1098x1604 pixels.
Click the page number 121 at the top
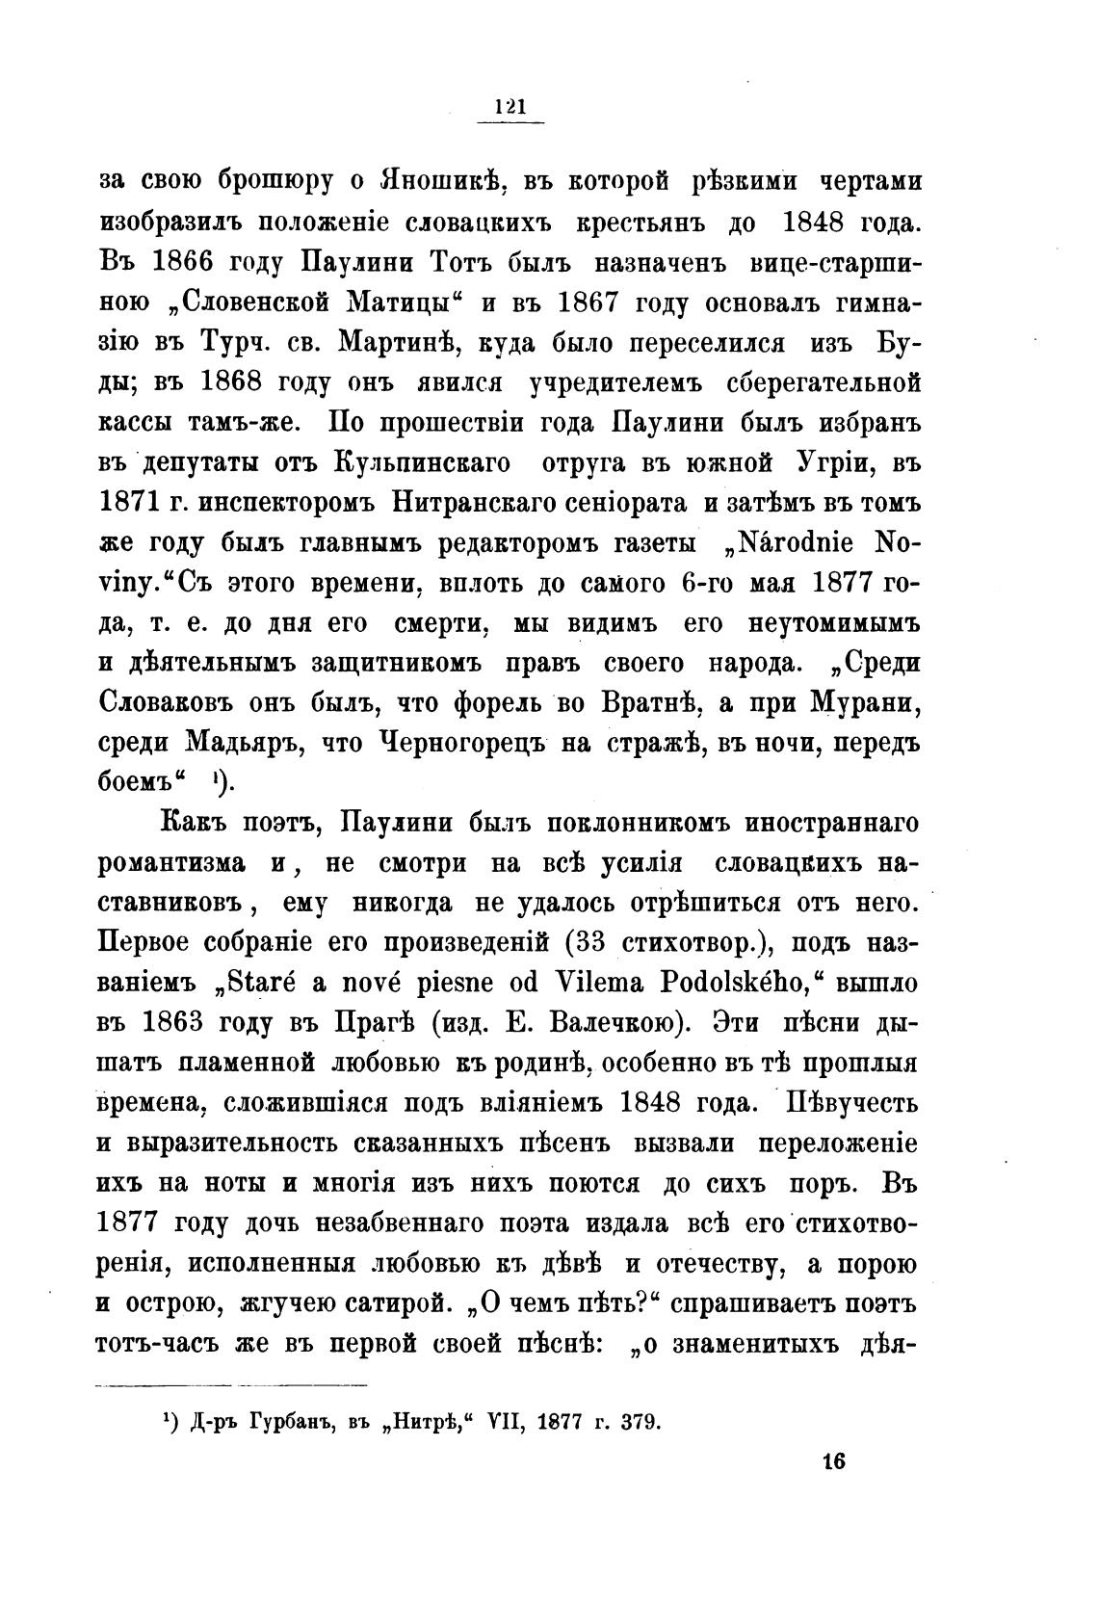(x=510, y=107)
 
